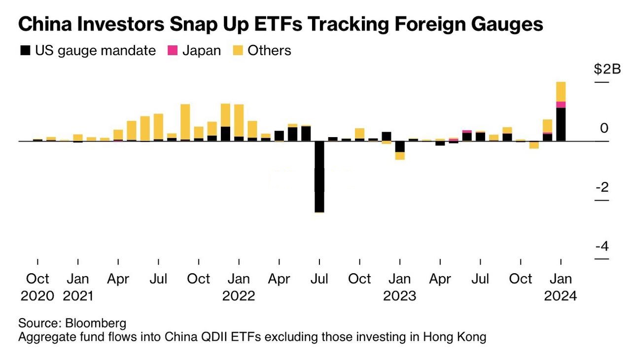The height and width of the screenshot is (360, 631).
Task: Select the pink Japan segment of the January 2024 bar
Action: point(561,105)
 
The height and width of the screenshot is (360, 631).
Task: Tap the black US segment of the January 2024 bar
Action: point(561,124)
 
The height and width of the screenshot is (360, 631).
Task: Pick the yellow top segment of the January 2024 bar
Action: point(561,91)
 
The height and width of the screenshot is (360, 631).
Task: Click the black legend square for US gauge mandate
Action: point(25,50)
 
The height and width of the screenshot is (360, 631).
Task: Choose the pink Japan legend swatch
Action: point(173,50)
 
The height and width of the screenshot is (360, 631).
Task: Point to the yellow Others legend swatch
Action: point(238,50)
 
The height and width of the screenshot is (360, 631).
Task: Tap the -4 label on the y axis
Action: point(601,246)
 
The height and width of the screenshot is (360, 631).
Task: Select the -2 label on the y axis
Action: point(601,187)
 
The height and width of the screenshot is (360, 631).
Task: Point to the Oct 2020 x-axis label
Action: point(37,287)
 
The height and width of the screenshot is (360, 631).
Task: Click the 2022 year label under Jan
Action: point(239,296)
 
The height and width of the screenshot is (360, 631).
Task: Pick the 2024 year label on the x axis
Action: point(560,296)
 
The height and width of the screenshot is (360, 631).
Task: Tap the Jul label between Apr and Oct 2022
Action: point(319,279)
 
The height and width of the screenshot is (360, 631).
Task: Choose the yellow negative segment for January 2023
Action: point(400,156)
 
